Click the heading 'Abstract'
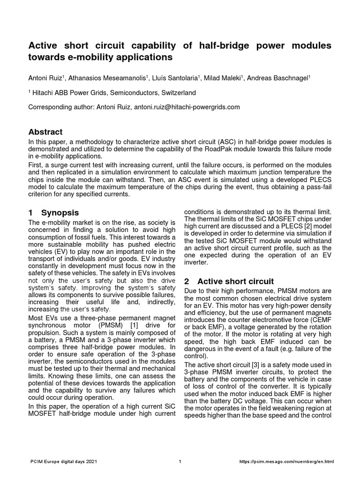[45, 132]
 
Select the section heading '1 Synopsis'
[54, 212]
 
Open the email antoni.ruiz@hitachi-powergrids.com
[187, 107]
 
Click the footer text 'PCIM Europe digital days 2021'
[62, 462]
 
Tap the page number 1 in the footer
[180, 462]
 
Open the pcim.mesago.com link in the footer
[287, 462]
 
